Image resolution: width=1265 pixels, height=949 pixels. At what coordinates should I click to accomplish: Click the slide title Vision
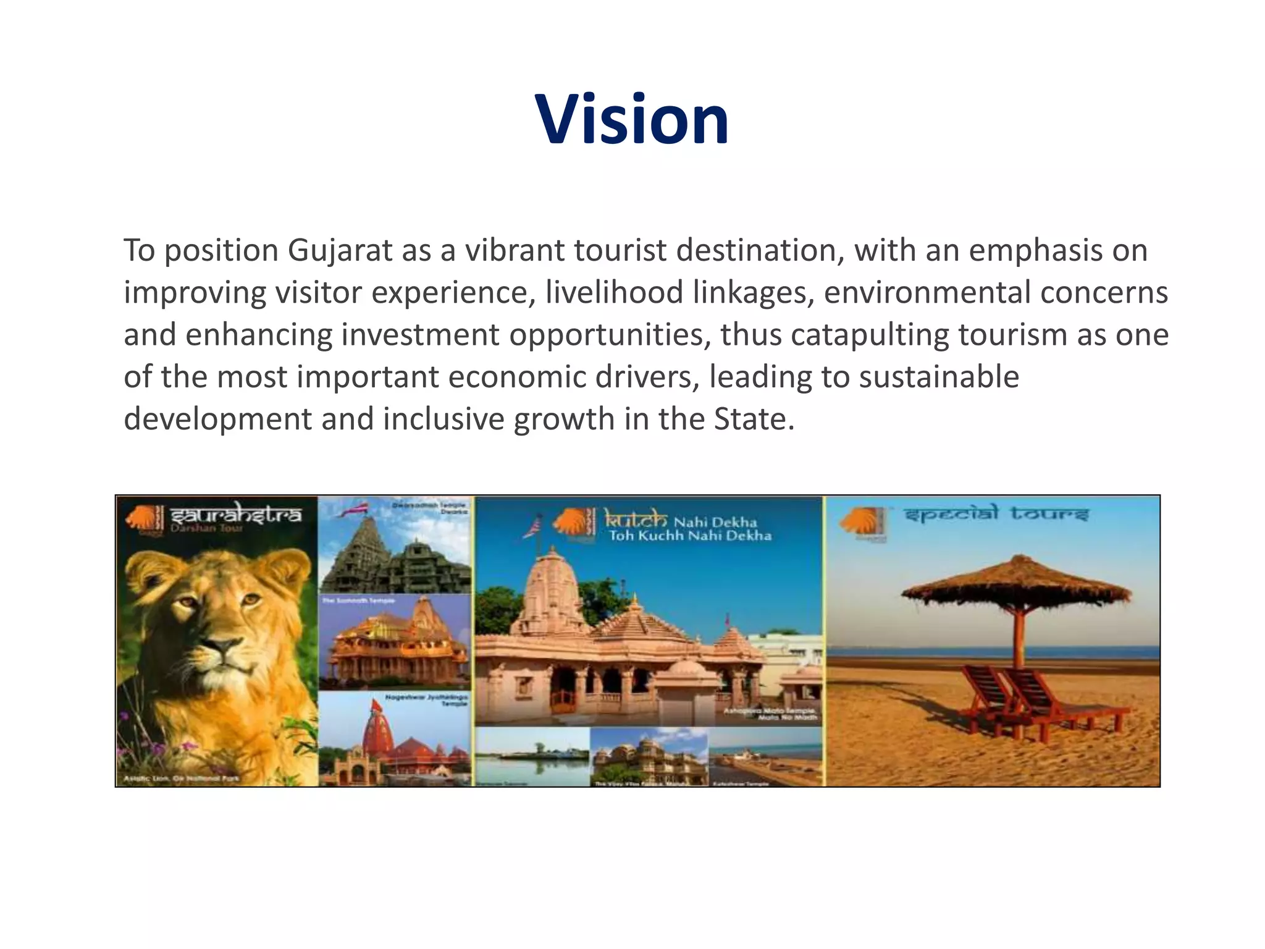[632, 119]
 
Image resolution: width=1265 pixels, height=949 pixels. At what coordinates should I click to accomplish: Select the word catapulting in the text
[869, 335]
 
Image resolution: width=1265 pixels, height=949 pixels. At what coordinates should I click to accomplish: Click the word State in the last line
[750, 419]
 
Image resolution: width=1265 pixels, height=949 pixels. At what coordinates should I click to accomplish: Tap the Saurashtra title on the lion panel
[235, 514]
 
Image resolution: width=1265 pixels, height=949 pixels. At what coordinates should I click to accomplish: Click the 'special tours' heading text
[996, 514]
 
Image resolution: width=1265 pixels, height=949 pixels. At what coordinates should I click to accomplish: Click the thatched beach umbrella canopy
[1016, 584]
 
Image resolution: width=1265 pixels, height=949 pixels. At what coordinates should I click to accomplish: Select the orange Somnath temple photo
[395, 643]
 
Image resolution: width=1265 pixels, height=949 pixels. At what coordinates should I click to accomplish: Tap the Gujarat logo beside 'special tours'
[864, 523]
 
